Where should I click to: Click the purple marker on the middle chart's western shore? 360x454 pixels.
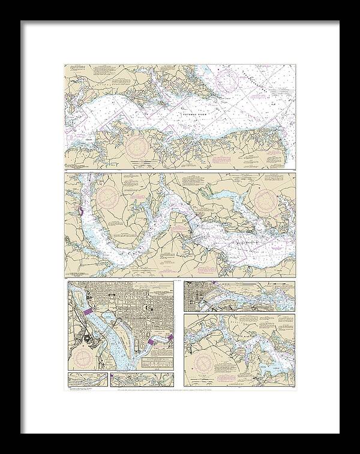[79, 212]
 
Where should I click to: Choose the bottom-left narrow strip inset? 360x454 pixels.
[87, 378]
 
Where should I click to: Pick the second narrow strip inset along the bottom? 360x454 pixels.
[142, 378]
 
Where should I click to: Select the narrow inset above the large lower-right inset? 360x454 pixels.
[239, 296]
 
